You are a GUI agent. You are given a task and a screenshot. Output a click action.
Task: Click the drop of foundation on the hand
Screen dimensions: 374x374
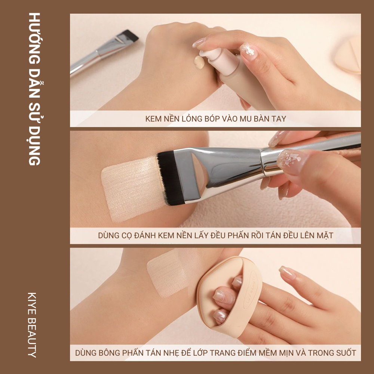[x=199, y=62]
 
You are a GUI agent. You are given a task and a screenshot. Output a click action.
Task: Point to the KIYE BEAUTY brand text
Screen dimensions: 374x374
[x=32, y=325]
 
